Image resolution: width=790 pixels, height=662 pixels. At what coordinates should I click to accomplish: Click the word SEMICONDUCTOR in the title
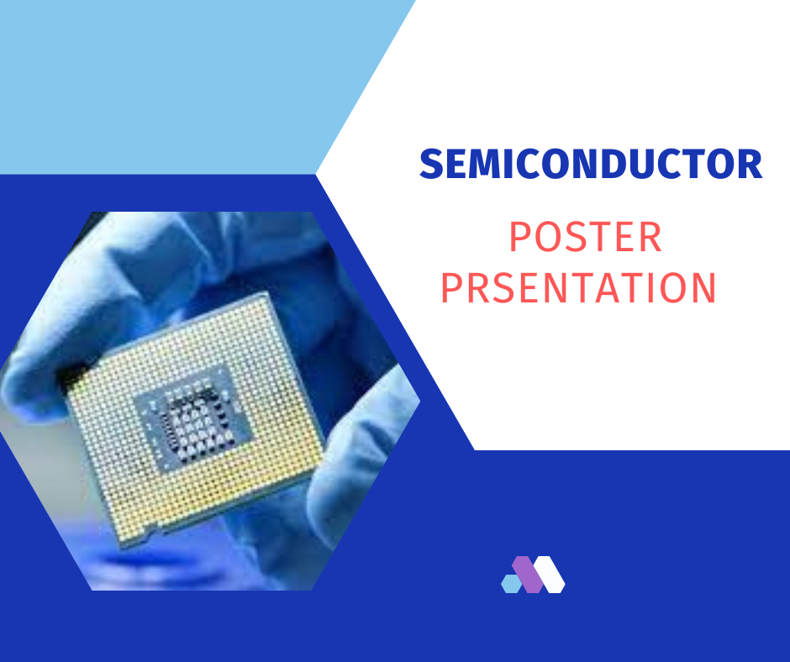pos(591,164)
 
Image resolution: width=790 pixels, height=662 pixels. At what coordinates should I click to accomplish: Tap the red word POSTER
pos(586,237)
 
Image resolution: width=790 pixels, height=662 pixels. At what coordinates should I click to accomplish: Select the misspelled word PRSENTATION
pos(578,287)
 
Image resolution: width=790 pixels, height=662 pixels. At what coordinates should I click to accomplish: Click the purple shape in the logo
pos(528,575)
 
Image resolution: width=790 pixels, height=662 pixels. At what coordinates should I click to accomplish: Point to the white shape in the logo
pos(549,575)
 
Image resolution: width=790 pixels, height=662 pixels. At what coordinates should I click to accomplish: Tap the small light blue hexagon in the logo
pos(511,583)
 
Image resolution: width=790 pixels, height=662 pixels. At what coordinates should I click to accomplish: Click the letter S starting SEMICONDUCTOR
pos(431,164)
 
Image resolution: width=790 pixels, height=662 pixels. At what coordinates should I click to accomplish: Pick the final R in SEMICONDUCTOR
pos(750,164)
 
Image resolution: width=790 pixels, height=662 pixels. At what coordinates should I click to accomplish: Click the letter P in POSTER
pos(520,237)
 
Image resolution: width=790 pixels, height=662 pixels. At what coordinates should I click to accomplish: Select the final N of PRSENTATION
pos(703,287)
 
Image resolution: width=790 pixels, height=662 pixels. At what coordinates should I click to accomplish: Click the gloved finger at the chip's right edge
pos(361,444)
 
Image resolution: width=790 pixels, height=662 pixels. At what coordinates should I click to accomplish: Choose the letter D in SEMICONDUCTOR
pos(619,164)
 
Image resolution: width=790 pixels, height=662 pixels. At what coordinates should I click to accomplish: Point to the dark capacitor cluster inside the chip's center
pos(197,423)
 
